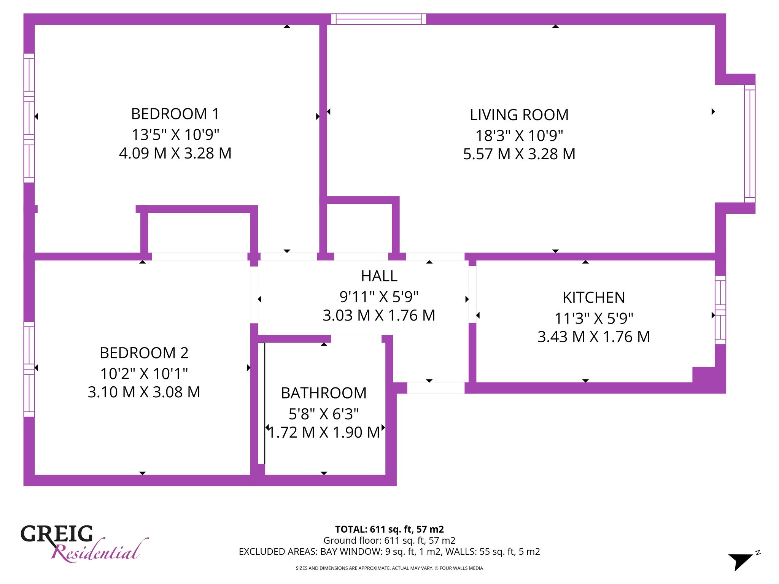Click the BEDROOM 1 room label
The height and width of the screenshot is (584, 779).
(175, 114)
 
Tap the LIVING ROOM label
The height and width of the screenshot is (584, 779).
(519, 115)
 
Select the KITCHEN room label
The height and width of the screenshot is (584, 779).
(594, 297)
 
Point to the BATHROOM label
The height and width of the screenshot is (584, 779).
(324, 393)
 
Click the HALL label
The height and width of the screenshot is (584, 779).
(379, 276)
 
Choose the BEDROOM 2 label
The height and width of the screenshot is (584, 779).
(144, 353)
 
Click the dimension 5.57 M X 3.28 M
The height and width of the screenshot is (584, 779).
(519, 154)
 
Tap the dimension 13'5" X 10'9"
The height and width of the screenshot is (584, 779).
(175, 134)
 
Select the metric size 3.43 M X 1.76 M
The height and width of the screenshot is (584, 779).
(594, 337)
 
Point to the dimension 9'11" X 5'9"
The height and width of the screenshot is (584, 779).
(379, 297)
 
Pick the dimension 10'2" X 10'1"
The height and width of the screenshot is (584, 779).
(144, 373)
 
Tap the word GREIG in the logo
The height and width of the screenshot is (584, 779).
(57, 534)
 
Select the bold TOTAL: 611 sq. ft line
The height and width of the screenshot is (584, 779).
(389, 529)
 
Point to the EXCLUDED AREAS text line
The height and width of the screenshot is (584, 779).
(389, 552)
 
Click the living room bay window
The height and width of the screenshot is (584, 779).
(750, 144)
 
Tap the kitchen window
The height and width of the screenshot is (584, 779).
(720, 310)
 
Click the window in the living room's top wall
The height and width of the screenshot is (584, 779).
(378, 19)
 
